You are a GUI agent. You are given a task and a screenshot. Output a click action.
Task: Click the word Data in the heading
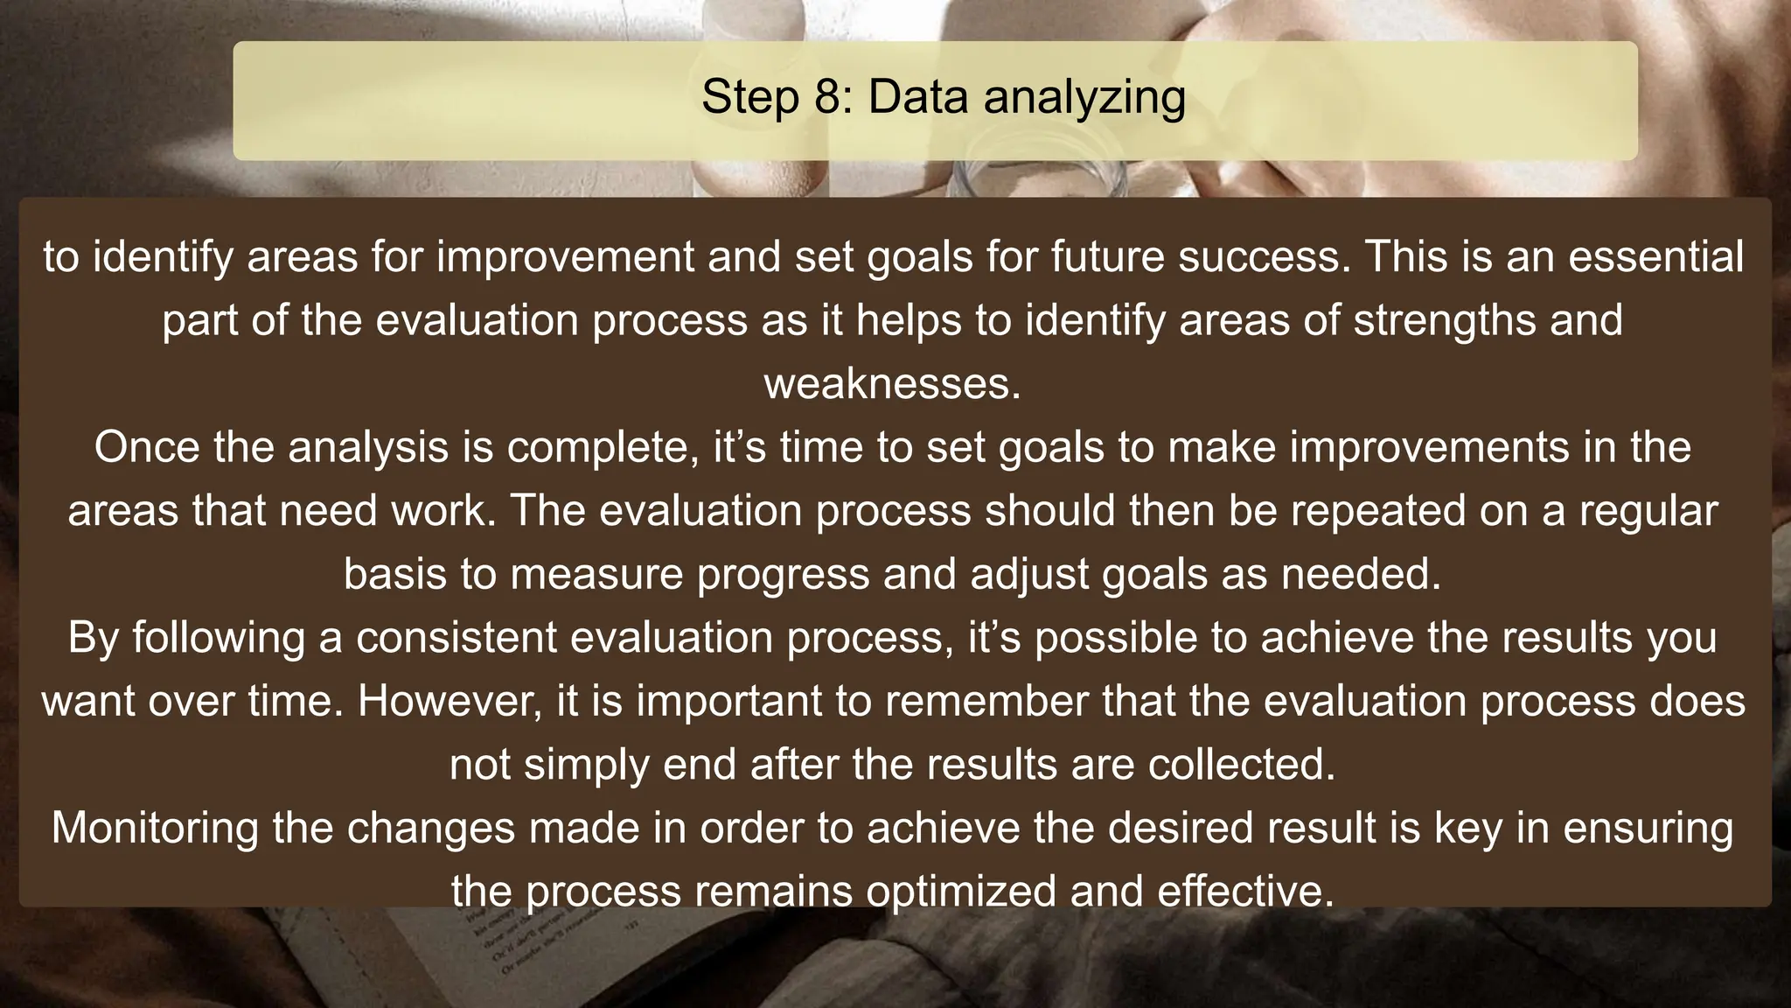[918, 97]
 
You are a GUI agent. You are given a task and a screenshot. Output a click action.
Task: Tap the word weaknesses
[892, 384]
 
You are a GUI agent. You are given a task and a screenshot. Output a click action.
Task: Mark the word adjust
[1029, 576]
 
